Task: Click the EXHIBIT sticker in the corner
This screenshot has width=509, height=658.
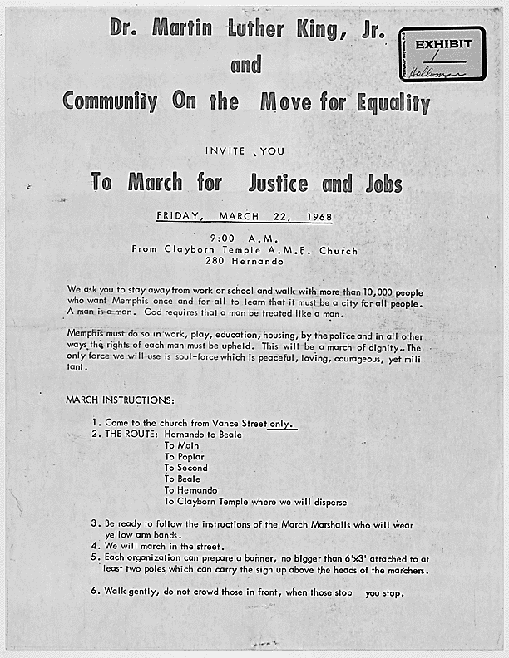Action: click(442, 53)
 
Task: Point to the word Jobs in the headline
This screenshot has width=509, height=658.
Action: click(383, 183)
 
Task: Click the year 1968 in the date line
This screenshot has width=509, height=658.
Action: click(318, 217)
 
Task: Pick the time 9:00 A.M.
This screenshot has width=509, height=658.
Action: click(245, 237)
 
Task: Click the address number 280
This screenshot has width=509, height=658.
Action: click(217, 262)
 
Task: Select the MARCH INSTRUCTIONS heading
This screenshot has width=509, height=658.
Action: click(120, 400)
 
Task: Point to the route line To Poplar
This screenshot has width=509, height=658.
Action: click(184, 457)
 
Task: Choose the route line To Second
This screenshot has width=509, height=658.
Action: click(185, 468)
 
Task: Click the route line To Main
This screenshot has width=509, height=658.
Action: click(180, 445)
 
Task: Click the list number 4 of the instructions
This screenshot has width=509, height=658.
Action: click(95, 545)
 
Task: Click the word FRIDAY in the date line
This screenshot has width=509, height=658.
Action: click(180, 217)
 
